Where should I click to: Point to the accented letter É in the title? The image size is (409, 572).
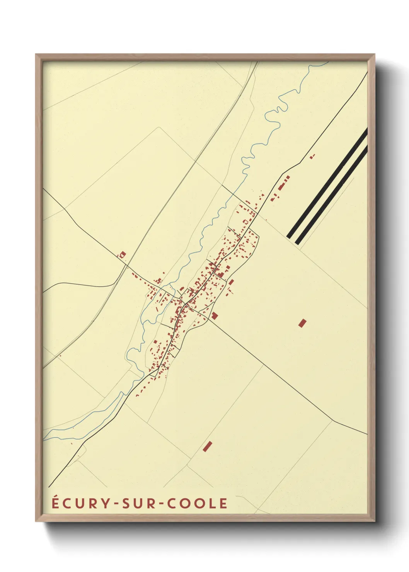tap(56, 503)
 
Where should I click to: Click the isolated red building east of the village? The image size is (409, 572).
tap(302, 323)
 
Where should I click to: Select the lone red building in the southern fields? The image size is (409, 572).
tap(208, 446)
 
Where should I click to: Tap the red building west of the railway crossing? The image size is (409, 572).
tap(123, 254)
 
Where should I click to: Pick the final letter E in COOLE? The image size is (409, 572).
tap(223, 503)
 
